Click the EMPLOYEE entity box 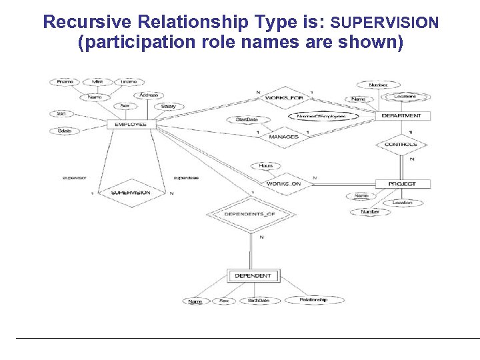coord(131,124)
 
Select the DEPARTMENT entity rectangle coord(401,116)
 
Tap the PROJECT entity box coord(401,183)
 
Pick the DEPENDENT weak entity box coord(253,275)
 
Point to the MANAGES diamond coord(283,137)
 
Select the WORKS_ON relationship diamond coord(284,183)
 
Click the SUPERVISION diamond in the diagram coord(131,193)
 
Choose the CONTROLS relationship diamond coord(401,144)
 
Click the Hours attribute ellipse coord(265,165)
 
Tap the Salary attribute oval coord(168,107)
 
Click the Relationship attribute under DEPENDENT coord(313,300)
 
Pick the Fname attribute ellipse coord(65,81)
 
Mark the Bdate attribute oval coord(65,131)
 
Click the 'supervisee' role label coord(185,178)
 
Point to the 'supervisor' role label coord(74,178)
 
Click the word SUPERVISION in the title coord(385,23)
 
